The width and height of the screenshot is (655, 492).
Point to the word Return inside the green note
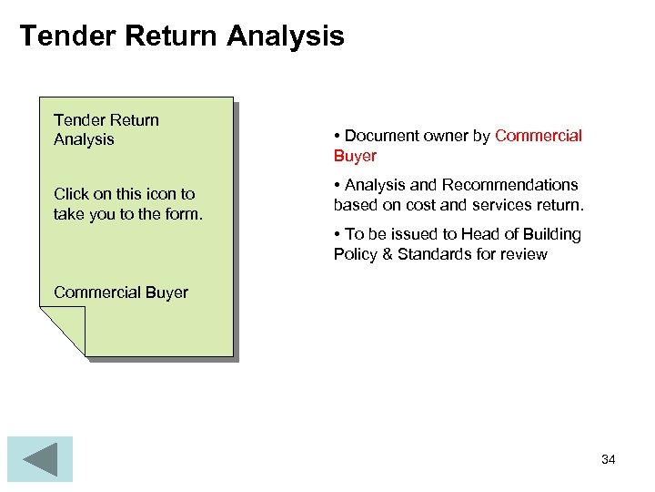[134, 120]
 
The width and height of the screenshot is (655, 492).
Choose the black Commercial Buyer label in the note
[121, 292]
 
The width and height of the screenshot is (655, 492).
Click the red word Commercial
[539, 136]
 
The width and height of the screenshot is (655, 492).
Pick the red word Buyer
[355, 156]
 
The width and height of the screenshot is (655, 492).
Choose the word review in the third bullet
[524, 254]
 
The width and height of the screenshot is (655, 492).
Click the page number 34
[609, 459]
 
